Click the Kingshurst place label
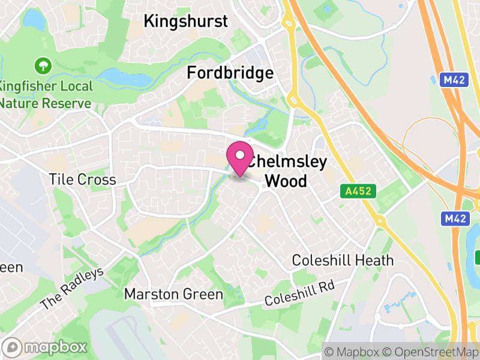[x=186, y=22]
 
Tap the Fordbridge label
[x=230, y=73]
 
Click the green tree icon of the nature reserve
[x=43, y=64]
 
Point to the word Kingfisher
[x=28, y=86]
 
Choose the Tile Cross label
[x=82, y=180]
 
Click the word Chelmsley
[x=287, y=162]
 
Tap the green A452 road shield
[x=358, y=191]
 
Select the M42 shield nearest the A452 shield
[x=455, y=219]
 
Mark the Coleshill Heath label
[x=343, y=260]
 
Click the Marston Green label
[x=173, y=295]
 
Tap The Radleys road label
[x=72, y=289]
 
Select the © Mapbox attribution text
[x=355, y=350]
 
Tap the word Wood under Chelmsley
[x=286, y=181]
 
